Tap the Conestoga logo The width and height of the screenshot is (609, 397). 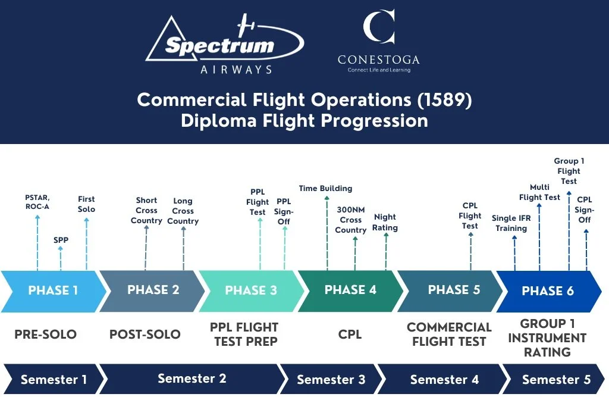378,42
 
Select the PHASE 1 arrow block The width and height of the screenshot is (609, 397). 53,291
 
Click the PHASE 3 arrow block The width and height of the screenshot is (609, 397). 250,291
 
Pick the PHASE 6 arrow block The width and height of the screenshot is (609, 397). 548,291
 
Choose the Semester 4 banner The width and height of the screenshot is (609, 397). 444,380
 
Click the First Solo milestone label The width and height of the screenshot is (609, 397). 86,204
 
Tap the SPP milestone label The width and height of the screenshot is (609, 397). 61,240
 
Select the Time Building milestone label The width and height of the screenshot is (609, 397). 325,189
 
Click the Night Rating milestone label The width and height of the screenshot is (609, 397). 385,222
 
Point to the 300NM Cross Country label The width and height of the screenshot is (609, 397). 351,220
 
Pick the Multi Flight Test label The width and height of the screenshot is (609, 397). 539,192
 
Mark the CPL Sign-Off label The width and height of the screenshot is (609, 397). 584,210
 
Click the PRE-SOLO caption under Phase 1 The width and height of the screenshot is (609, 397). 46,335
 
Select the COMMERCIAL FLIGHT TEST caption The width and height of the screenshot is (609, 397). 449,335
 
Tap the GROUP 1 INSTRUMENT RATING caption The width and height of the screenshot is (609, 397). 547,337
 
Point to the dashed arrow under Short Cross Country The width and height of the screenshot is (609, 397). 146,247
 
